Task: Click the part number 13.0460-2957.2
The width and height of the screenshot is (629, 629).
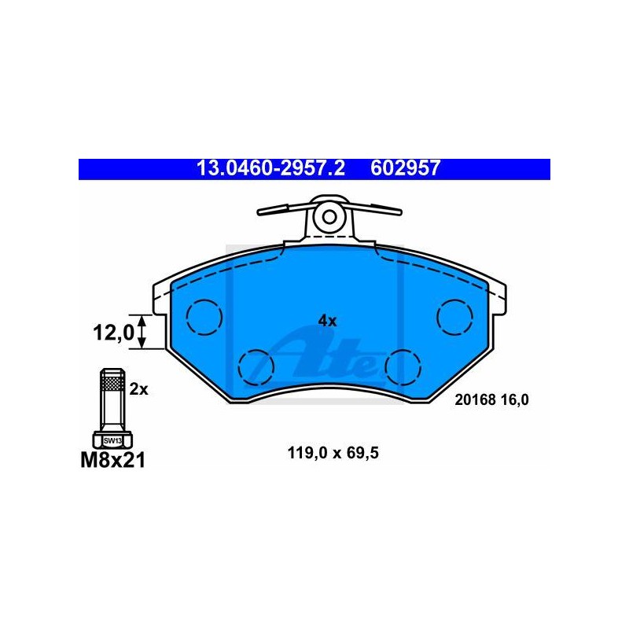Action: tap(270, 168)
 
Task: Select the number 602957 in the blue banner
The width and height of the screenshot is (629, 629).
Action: tap(405, 168)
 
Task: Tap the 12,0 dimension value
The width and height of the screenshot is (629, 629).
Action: tap(113, 333)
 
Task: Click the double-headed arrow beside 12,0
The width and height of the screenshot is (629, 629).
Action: tap(142, 332)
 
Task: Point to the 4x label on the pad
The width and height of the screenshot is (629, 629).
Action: tap(327, 321)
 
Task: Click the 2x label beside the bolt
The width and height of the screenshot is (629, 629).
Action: tap(139, 389)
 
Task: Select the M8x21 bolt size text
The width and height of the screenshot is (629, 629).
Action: tap(113, 460)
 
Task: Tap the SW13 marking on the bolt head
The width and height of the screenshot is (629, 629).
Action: tap(112, 440)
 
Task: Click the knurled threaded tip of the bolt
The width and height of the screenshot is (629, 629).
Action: tap(112, 380)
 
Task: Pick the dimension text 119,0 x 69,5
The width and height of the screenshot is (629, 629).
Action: tap(333, 454)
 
